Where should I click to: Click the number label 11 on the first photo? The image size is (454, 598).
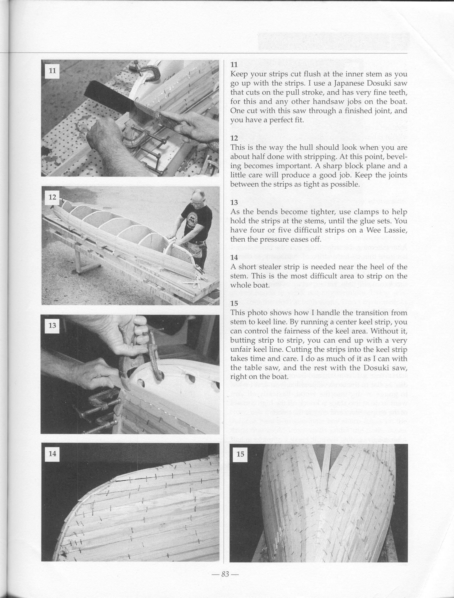click(x=52, y=71)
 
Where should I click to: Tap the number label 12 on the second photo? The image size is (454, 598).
click(x=52, y=197)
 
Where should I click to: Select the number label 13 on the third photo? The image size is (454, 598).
click(x=52, y=325)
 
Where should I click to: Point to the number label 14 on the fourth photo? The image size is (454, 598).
click(x=52, y=453)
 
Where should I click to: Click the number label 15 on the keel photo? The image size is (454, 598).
click(x=241, y=454)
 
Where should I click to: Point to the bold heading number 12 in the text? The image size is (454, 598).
click(x=234, y=138)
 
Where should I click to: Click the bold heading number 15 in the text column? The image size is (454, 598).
click(x=234, y=303)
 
